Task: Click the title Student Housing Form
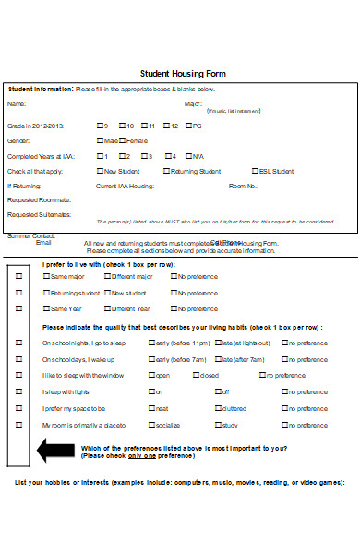tap(182, 73)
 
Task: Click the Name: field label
tap(17, 104)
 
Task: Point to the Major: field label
tap(193, 104)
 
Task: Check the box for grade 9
tap(100, 126)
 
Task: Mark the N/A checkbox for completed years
tap(189, 156)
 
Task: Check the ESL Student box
tap(254, 171)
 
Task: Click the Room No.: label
tap(244, 186)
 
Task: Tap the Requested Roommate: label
tap(39, 199)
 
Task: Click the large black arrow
tap(54, 451)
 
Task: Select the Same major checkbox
tap(46, 276)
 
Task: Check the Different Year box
tap(107, 308)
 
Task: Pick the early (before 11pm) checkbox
tap(152, 343)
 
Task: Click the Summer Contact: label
tap(31, 236)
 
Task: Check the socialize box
tap(152, 425)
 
